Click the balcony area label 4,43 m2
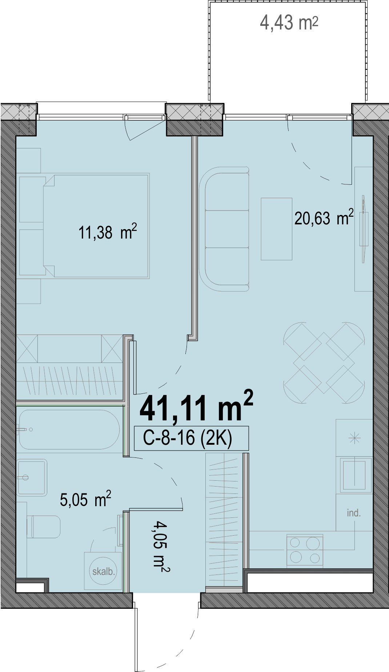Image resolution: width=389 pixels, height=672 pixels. [x=289, y=23]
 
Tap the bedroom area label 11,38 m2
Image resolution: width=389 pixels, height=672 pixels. [x=108, y=232]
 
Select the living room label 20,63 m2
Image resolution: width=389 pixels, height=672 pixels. [x=324, y=217]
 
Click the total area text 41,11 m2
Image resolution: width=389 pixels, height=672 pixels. [x=196, y=407]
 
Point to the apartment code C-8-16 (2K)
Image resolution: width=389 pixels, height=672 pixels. [x=188, y=438]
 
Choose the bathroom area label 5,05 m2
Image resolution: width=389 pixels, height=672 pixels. [x=85, y=499]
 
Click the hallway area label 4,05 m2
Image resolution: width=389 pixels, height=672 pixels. [x=161, y=547]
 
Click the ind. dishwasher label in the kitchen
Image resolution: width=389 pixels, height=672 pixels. [x=354, y=513]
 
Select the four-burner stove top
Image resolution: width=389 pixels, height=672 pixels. [x=305, y=550]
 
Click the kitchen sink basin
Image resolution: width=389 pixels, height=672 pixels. [x=354, y=475]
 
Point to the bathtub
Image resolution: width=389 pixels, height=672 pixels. [x=69, y=429]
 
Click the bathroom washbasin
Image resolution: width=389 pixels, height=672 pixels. [x=32, y=477]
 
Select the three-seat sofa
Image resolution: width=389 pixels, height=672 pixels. [x=224, y=229]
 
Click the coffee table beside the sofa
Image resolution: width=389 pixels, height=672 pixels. [x=276, y=229]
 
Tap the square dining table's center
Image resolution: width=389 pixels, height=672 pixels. [x=324, y=363]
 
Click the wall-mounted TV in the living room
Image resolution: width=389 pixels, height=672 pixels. [x=363, y=229]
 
